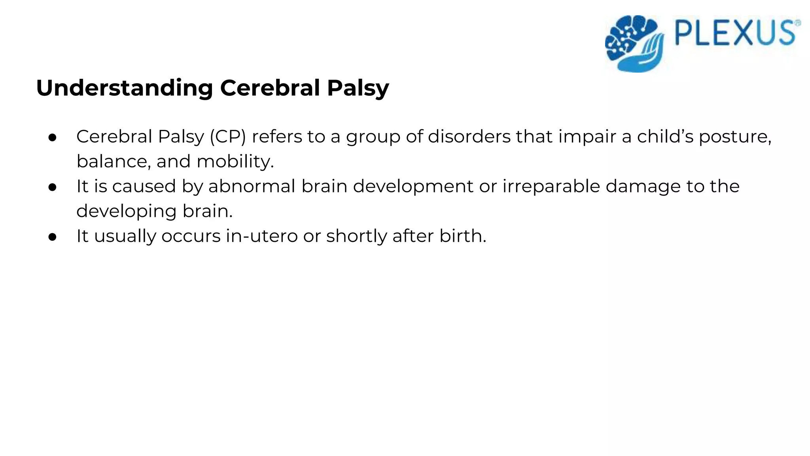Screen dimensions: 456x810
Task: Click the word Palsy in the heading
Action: click(358, 88)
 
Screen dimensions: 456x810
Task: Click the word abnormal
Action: click(252, 186)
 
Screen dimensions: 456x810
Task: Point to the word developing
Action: click(126, 211)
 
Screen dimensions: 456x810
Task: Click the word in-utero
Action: click(261, 236)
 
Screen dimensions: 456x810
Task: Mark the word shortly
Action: click(356, 236)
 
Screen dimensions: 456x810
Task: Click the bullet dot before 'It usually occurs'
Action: click(53, 237)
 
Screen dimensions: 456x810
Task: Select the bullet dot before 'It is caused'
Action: click(53, 187)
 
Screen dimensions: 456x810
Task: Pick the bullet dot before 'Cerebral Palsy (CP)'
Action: click(53, 137)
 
